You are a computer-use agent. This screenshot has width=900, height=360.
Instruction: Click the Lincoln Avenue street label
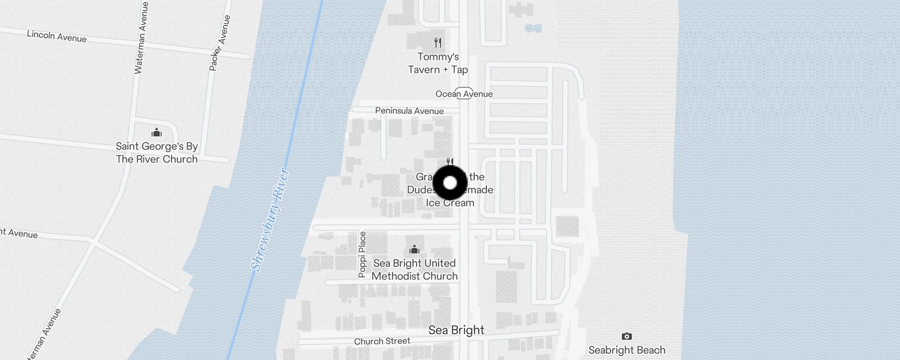tap(57, 36)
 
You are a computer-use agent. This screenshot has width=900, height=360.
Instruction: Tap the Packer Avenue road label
tap(220, 43)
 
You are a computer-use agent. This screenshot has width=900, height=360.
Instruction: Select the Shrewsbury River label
tap(270, 220)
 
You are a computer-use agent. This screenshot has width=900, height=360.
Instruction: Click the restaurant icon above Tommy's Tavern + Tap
tap(438, 43)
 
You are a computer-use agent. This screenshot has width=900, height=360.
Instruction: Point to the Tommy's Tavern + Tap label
tap(438, 63)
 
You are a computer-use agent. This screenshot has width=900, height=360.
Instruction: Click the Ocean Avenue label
tap(464, 94)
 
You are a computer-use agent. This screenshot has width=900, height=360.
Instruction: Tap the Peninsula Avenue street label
tap(409, 111)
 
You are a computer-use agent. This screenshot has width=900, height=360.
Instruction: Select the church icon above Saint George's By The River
tap(157, 132)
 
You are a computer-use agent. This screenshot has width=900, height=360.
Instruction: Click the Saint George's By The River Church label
tap(157, 153)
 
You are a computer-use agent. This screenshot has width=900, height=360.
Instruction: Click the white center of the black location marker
tap(450, 183)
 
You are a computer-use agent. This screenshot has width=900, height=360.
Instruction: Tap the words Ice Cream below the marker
tap(450, 203)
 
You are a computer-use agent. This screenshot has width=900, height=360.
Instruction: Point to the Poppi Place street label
tap(362, 254)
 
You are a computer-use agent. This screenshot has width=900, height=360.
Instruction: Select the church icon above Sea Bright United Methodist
tap(414, 249)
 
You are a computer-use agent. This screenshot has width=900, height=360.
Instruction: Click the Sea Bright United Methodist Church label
tap(414, 270)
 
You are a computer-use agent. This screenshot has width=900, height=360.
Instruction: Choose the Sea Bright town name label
tap(456, 330)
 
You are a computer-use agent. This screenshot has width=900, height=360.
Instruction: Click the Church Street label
tap(382, 341)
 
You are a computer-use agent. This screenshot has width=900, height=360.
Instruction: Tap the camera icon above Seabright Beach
tap(626, 336)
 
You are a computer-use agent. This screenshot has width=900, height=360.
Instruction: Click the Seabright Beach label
tap(626, 350)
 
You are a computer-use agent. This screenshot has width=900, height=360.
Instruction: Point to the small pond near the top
tap(533, 28)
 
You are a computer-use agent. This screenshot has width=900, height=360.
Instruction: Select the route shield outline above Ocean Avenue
tap(464, 89)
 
